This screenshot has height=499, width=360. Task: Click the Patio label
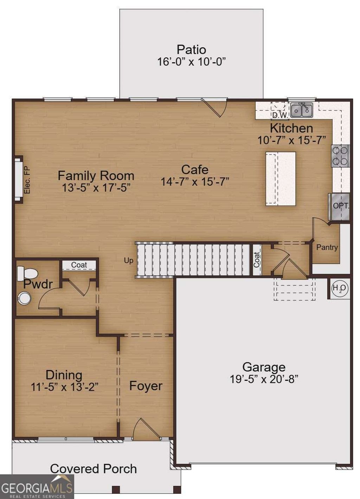click(x=191, y=50)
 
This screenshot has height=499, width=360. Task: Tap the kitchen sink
click(x=302, y=110)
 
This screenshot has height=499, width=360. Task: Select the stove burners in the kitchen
click(x=340, y=156)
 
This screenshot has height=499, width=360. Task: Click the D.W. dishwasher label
click(x=280, y=115)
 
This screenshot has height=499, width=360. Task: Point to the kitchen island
click(x=281, y=178)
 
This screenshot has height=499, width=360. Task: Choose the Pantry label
click(x=327, y=247)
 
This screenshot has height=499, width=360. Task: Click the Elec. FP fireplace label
click(x=27, y=180)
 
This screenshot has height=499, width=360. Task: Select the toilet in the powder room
click(x=27, y=273)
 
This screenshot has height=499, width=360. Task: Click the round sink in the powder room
click(x=24, y=299)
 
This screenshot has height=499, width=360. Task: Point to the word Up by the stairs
click(x=129, y=261)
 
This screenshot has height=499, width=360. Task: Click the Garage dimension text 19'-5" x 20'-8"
click(x=264, y=379)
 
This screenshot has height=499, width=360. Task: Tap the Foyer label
click(x=146, y=386)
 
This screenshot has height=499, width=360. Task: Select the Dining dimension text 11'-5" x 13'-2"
click(x=64, y=387)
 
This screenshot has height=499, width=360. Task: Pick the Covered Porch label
click(x=94, y=468)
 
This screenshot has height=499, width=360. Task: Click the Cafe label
click(x=195, y=169)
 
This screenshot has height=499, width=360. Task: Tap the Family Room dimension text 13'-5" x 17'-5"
click(x=96, y=187)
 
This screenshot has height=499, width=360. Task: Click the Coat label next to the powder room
click(x=79, y=265)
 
